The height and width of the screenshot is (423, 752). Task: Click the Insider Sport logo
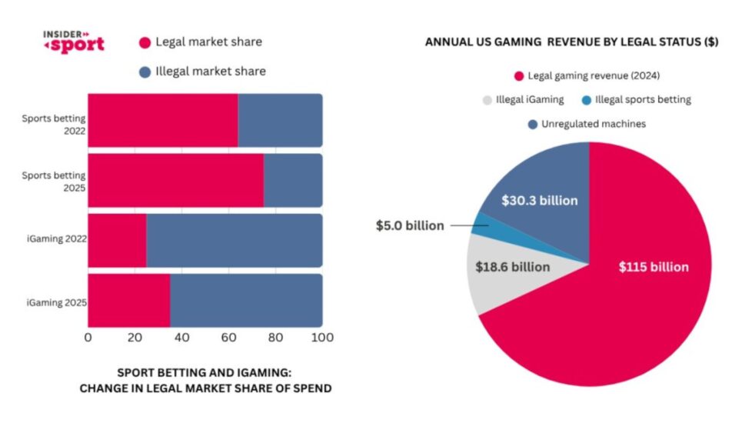point(74,42)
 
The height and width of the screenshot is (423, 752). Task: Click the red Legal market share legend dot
point(145,42)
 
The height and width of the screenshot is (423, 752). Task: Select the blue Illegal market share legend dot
point(145,72)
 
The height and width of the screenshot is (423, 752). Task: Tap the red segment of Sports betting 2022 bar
point(162,119)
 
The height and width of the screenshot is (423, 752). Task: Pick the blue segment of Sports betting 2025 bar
point(293,180)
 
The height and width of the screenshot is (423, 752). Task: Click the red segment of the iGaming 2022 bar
point(117,240)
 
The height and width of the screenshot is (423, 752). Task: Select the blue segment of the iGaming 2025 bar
point(246,300)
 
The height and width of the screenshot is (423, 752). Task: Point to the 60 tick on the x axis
point(228,337)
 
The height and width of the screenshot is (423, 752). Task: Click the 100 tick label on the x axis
point(322,337)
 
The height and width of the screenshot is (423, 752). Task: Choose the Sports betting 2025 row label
point(54,180)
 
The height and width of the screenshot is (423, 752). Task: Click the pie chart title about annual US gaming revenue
point(571,43)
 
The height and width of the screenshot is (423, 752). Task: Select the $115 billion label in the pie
point(654,267)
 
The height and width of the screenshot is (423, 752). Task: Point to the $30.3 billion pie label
point(539,201)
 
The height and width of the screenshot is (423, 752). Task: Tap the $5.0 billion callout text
point(410,226)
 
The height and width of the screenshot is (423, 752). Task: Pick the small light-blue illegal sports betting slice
point(481,225)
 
